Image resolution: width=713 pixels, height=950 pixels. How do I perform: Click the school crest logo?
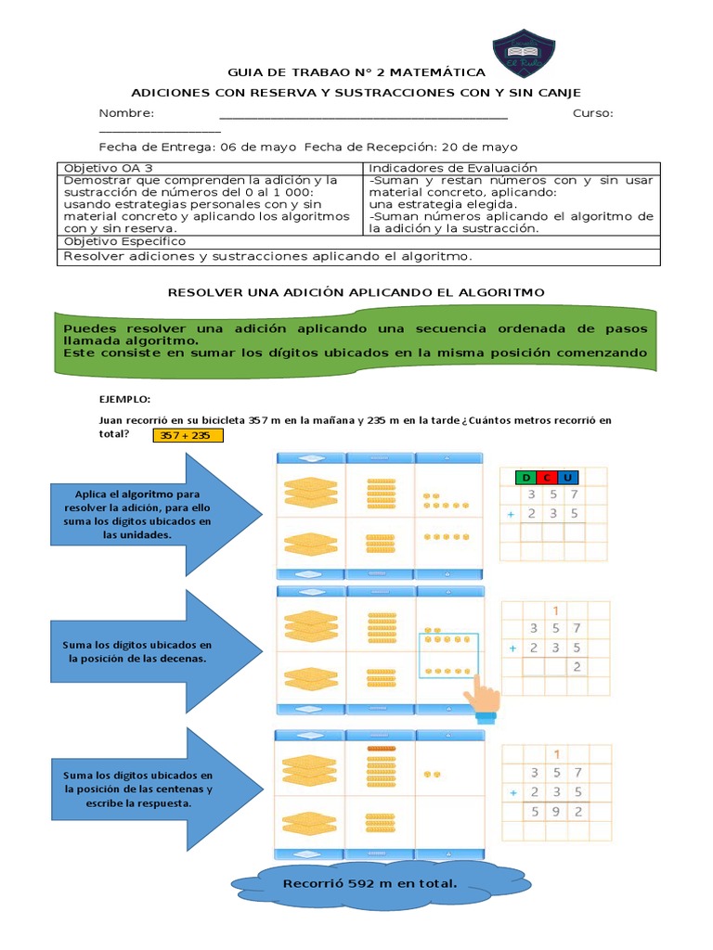click(524, 53)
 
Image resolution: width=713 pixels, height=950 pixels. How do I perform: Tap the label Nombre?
click(126, 113)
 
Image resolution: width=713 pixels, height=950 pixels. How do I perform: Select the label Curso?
click(592, 113)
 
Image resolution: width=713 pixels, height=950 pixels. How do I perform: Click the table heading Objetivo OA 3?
click(108, 168)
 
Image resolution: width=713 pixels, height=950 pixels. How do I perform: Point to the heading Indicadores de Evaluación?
click(440, 168)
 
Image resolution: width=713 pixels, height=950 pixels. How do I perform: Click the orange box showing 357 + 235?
click(188, 435)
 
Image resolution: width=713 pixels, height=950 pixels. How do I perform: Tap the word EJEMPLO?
click(125, 398)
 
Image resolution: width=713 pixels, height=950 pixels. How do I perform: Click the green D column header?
click(526, 478)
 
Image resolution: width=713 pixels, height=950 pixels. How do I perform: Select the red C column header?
click(547, 478)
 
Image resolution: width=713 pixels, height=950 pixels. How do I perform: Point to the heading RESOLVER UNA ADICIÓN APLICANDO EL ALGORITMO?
click(356, 292)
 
